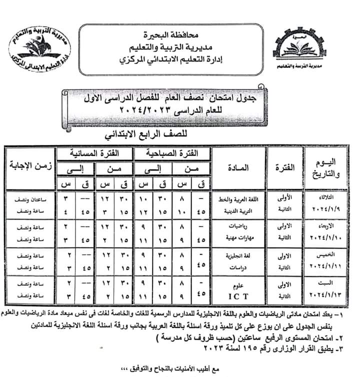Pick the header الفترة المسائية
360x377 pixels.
[x=94, y=152]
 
